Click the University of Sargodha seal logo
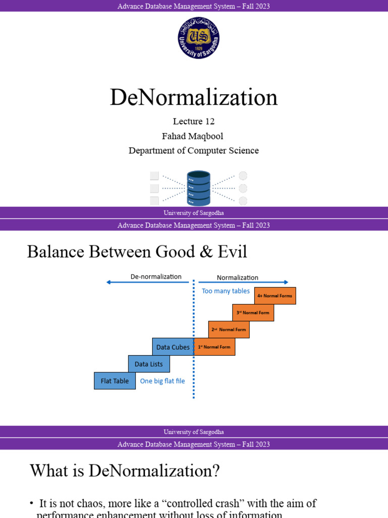[x=199, y=38]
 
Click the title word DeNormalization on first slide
[x=193, y=97]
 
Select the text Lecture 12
[x=193, y=121]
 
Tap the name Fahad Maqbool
[x=193, y=136]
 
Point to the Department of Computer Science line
[x=193, y=150]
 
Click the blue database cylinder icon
[x=199, y=188]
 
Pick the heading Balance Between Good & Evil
[x=137, y=251]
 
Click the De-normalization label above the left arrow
[x=156, y=277]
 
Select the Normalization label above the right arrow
[x=237, y=277]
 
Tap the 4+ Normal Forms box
[x=275, y=296]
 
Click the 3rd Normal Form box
[x=253, y=313]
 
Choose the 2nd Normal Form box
[x=229, y=329]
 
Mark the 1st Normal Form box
[x=214, y=347]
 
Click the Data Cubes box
[x=173, y=347]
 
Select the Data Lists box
[x=149, y=364]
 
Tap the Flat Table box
[x=115, y=381]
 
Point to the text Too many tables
[x=226, y=291]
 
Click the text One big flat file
[x=162, y=381]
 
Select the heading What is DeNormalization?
[x=125, y=471]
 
